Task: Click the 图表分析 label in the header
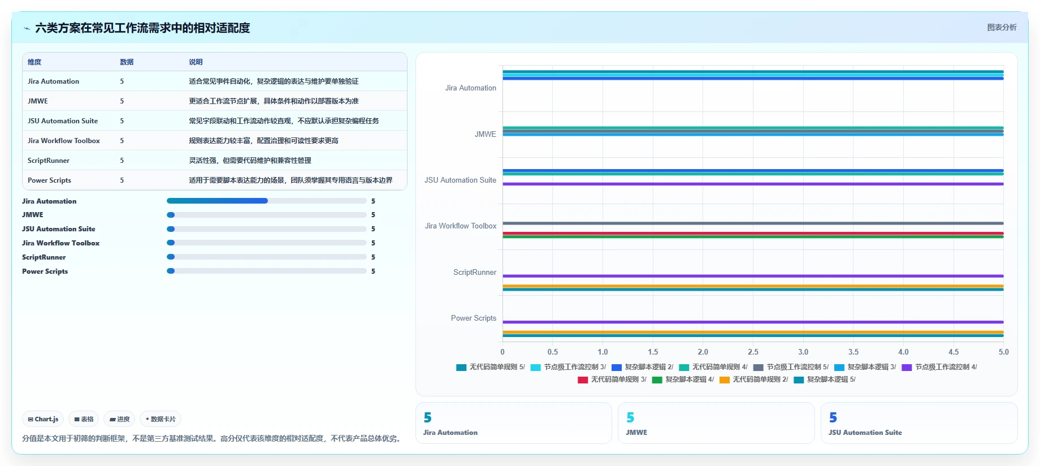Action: pos(1002,27)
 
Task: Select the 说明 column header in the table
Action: pos(196,62)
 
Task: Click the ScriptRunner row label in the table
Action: pos(49,160)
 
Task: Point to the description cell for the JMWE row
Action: pos(274,101)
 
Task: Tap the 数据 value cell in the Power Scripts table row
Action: pos(122,180)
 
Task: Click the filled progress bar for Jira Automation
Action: pos(217,201)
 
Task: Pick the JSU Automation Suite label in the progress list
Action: pos(59,228)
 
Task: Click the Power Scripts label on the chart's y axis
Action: pos(474,318)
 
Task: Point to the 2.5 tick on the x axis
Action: pos(753,352)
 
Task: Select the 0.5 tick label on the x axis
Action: pos(553,352)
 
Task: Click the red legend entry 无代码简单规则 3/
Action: pos(612,379)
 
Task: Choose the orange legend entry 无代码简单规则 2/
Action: pos(753,379)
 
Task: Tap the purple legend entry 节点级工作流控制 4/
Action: pos(939,367)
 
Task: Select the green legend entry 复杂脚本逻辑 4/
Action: pos(683,379)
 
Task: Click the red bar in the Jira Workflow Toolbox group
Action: pos(753,233)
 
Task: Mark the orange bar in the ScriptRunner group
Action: pos(753,286)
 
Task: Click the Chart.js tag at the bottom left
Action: pos(43,419)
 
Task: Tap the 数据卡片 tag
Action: pos(161,419)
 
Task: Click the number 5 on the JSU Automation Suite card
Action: pos(833,417)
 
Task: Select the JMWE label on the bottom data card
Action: pos(636,432)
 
